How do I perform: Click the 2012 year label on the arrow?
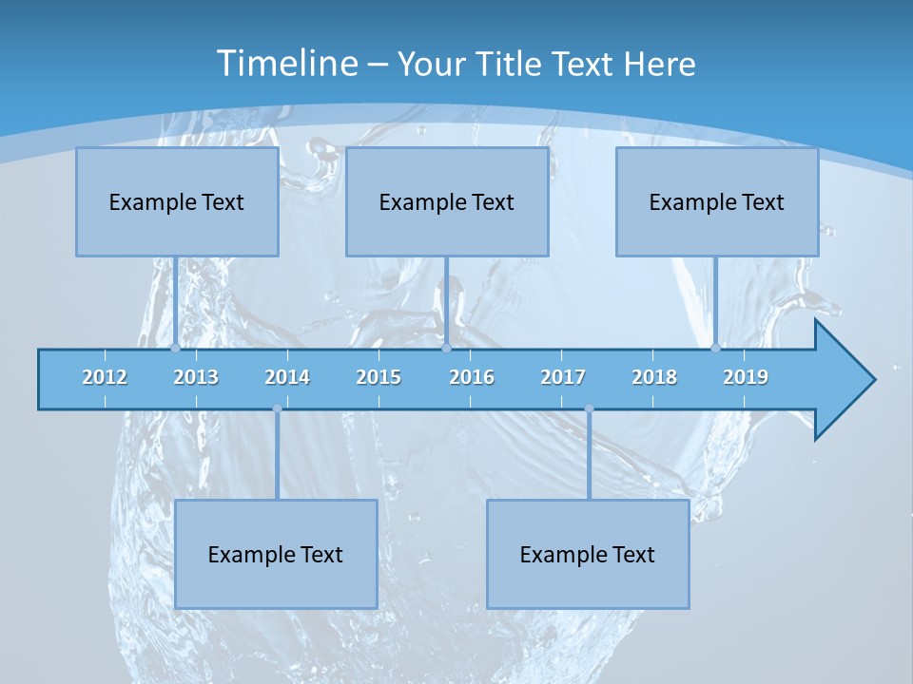click(x=105, y=377)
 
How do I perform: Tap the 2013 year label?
click(x=196, y=377)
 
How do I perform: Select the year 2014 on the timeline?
click(x=287, y=377)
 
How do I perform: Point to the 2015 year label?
click(x=379, y=377)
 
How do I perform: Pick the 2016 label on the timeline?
click(x=472, y=377)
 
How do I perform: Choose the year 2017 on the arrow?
click(x=563, y=377)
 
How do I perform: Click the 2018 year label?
click(x=654, y=377)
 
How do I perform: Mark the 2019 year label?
click(x=746, y=377)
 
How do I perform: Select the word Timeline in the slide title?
click(x=286, y=64)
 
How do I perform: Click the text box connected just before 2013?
click(x=177, y=201)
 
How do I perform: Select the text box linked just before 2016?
click(x=447, y=201)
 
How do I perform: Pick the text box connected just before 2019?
click(x=717, y=201)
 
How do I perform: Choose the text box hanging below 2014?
click(x=276, y=554)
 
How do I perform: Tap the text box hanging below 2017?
click(x=588, y=554)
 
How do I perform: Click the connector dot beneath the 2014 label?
click(x=277, y=408)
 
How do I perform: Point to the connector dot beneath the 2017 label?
click(x=589, y=408)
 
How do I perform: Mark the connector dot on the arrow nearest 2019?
click(x=715, y=348)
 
